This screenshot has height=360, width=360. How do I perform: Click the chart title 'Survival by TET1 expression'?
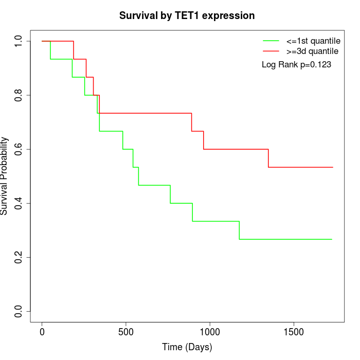pyautogui.click(x=187, y=15)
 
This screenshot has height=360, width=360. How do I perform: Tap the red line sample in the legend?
pyautogui.click(x=271, y=51)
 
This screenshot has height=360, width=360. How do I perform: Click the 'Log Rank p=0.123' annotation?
pyautogui.click(x=296, y=65)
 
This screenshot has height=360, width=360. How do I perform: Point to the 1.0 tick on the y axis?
pyautogui.click(x=19, y=41)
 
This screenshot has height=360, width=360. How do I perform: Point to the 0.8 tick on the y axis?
pyautogui.click(x=19, y=95)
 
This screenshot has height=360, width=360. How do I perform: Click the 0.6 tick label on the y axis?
pyautogui.click(x=19, y=149)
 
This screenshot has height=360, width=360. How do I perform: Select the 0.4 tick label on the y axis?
pyautogui.click(x=19, y=203)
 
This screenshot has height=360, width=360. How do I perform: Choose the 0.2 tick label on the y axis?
pyautogui.click(x=19, y=257)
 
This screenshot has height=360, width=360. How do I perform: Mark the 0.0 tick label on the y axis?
pyautogui.click(x=19, y=311)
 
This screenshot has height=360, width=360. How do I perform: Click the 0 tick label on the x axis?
pyautogui.click(x=42, y=332)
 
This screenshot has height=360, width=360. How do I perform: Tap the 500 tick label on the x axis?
pyautogui.click(x=126, y=332)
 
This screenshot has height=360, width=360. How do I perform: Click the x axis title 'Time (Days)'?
pyautogui.click(x=187, y=347)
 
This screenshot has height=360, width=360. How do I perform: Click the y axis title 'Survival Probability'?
pyautogui.click(x=5, y=176)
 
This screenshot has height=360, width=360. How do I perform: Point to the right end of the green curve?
pyautogui.click(x=332, y=239)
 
